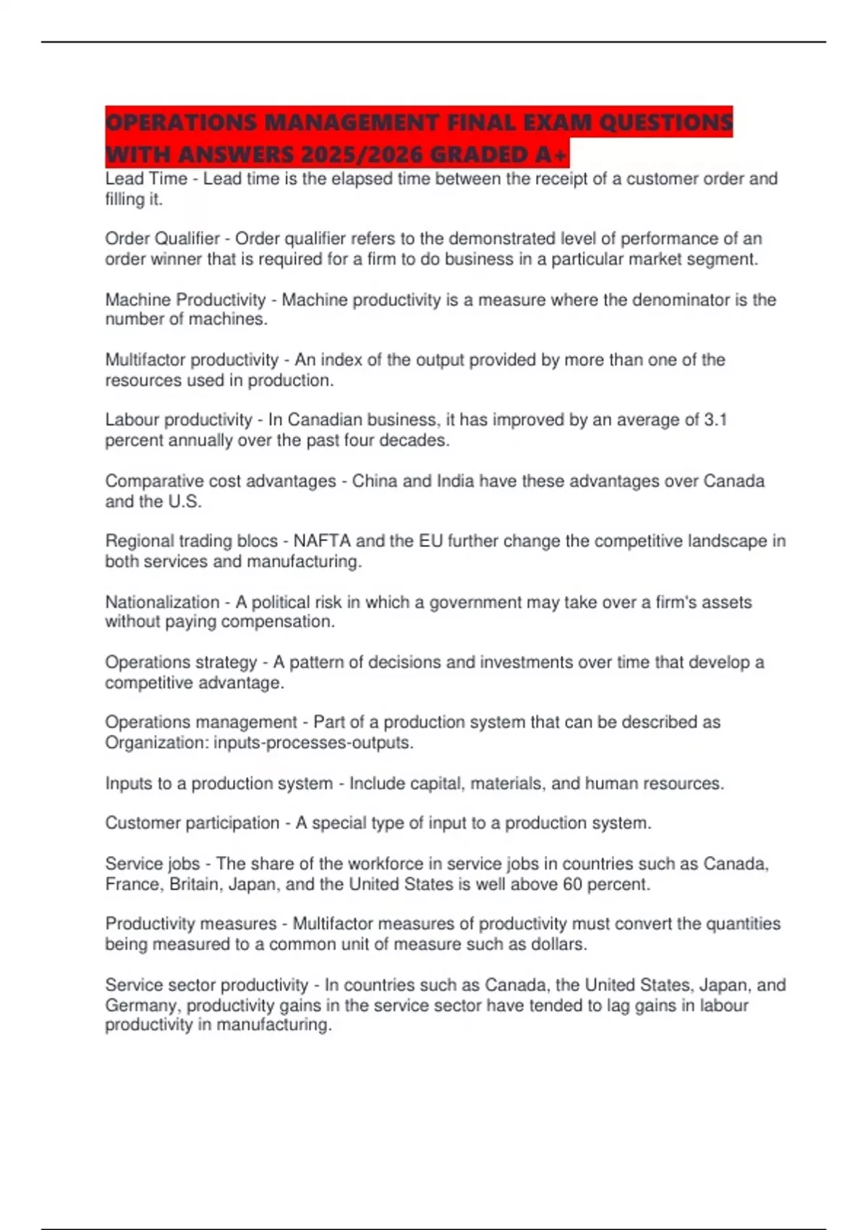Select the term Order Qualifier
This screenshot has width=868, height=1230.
162,239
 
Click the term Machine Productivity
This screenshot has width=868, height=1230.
185,300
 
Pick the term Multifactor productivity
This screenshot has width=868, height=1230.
192,360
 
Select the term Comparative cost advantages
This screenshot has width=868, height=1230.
221,481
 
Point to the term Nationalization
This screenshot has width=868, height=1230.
162,602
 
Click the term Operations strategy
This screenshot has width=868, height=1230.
181,662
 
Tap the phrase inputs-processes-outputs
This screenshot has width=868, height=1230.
313,742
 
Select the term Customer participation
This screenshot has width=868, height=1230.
192,823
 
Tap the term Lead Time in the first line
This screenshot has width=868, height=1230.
145,179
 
